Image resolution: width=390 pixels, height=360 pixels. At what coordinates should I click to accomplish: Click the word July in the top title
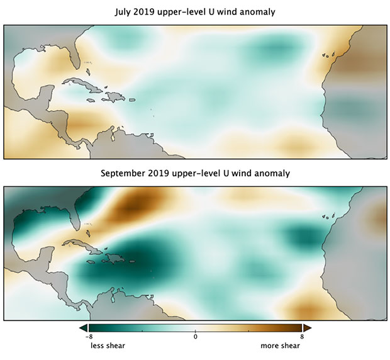click(x=123, y=12)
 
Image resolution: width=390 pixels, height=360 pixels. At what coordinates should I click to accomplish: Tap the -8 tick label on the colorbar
click(x=89, y=337)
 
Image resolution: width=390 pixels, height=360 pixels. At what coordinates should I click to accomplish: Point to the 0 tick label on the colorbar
click(x=195, y=337)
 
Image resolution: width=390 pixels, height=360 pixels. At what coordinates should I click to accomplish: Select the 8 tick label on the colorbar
click(x=302, y=337)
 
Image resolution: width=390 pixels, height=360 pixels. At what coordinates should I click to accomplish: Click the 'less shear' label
click(x=108, y=346)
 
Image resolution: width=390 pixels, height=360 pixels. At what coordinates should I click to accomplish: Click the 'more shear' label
click(x=281, y=346)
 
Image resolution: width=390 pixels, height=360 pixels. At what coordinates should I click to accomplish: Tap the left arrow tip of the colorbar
click(x=80, y=328)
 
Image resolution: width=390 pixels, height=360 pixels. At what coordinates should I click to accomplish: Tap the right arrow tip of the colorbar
click(x=311, y=328)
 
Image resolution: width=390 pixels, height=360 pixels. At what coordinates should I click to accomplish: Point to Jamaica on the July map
click(x=91, y=100)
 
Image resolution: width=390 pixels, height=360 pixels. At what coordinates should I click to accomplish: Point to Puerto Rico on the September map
click(x=132, y=261)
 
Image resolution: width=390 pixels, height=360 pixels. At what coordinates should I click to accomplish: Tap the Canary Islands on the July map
click(x=328, y=55)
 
